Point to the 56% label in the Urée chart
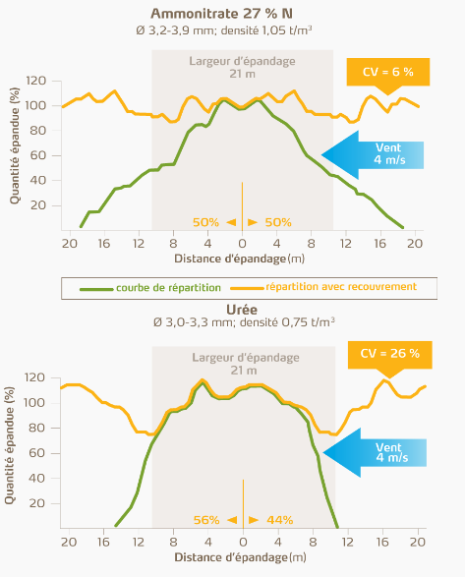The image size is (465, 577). pyautogui.click(x=206, y=519)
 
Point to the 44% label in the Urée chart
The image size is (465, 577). pyautogui.click(x=279, y=519)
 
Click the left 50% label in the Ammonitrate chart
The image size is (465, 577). pyautogui.click(x=206, y=222)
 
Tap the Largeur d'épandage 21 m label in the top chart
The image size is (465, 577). pyautogui.click(x=242, y=67)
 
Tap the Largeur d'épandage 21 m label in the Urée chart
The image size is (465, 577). pyautogui.click(x=242, y=363)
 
